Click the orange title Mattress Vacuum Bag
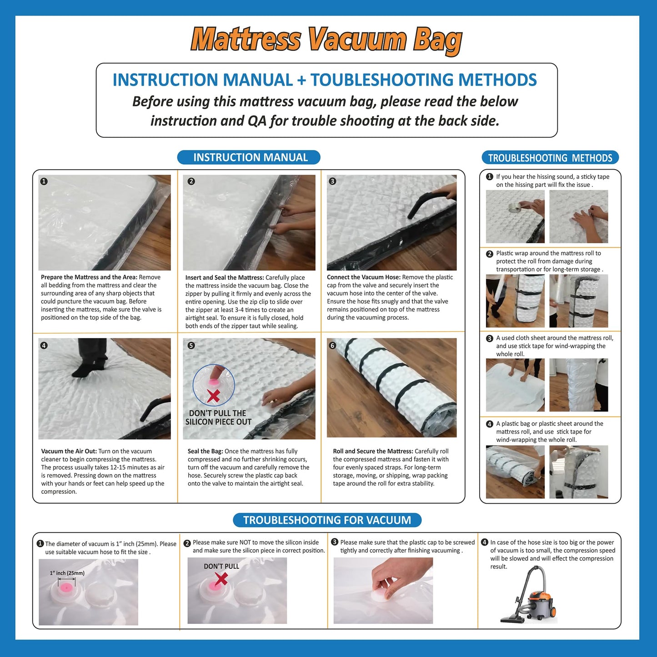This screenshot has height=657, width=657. tap(326, 40)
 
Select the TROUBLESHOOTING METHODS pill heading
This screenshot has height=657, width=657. tap(550, 158)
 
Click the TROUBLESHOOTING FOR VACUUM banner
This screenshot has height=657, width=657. tap(327, 520)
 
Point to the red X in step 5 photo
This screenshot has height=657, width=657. tap(213, 395)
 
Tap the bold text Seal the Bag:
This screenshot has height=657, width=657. tap(205, 451)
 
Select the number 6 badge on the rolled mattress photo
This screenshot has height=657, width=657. tap(332, 346)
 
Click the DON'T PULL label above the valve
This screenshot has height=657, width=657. tap(221, 566)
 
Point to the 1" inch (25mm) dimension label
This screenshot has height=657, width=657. tap(67, 573)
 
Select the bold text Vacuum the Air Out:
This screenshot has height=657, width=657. tap(69, 451)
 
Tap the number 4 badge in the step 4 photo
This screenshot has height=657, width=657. tap(44, 346)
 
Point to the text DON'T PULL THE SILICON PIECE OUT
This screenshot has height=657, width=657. tap(218, 417)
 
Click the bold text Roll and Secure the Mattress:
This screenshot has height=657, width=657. tap(373, 451)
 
